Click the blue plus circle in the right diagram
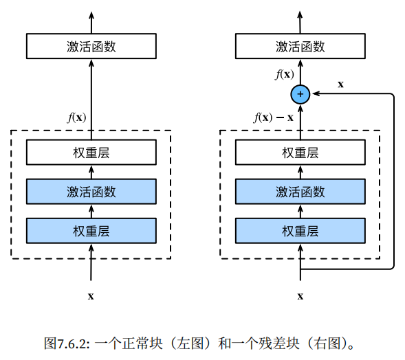click(x=300, y=95)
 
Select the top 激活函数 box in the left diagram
click(x=91, y=47)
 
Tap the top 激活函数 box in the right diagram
click(x=300, y=47)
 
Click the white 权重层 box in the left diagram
click(x=91, y=153)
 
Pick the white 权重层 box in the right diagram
click(x=300, y=153)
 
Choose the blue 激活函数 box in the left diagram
click(x=91, y=192)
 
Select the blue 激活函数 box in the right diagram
click(x=300, y=192)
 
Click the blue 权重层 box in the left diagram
click(x=91, y=231)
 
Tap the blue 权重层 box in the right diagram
click(x=300, y=231)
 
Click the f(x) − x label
click(x=274, y=117)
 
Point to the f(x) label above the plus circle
click(x=284, y=74)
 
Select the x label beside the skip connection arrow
click(x=340, y=84)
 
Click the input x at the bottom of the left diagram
click(x=91, y=296)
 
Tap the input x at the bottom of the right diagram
click(x=300, y=296)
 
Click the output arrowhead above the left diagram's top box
click(x=91, y=16)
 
